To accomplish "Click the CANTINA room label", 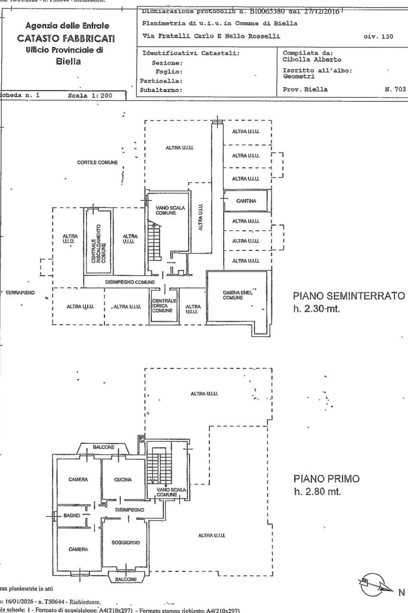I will (246, 201).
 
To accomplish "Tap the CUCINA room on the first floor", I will (123, 480).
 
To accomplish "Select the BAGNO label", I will (72, 516).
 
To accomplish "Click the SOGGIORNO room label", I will (126, 542).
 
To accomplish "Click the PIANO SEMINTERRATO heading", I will (349, 296).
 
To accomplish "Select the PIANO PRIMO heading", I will (326, 478).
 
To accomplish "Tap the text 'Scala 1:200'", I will (91, 96).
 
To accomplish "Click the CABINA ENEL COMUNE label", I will (238, 295).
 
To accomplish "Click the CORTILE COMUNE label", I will (97, 163).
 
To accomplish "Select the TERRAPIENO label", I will (20, 293).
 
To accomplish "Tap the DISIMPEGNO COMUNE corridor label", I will (130, 282).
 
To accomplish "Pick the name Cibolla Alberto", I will (312, 60).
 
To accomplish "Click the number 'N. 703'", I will (395, 89).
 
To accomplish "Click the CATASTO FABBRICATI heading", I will (65, 39).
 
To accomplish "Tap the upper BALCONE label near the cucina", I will (104, 447).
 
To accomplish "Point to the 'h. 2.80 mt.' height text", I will (317, 492).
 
